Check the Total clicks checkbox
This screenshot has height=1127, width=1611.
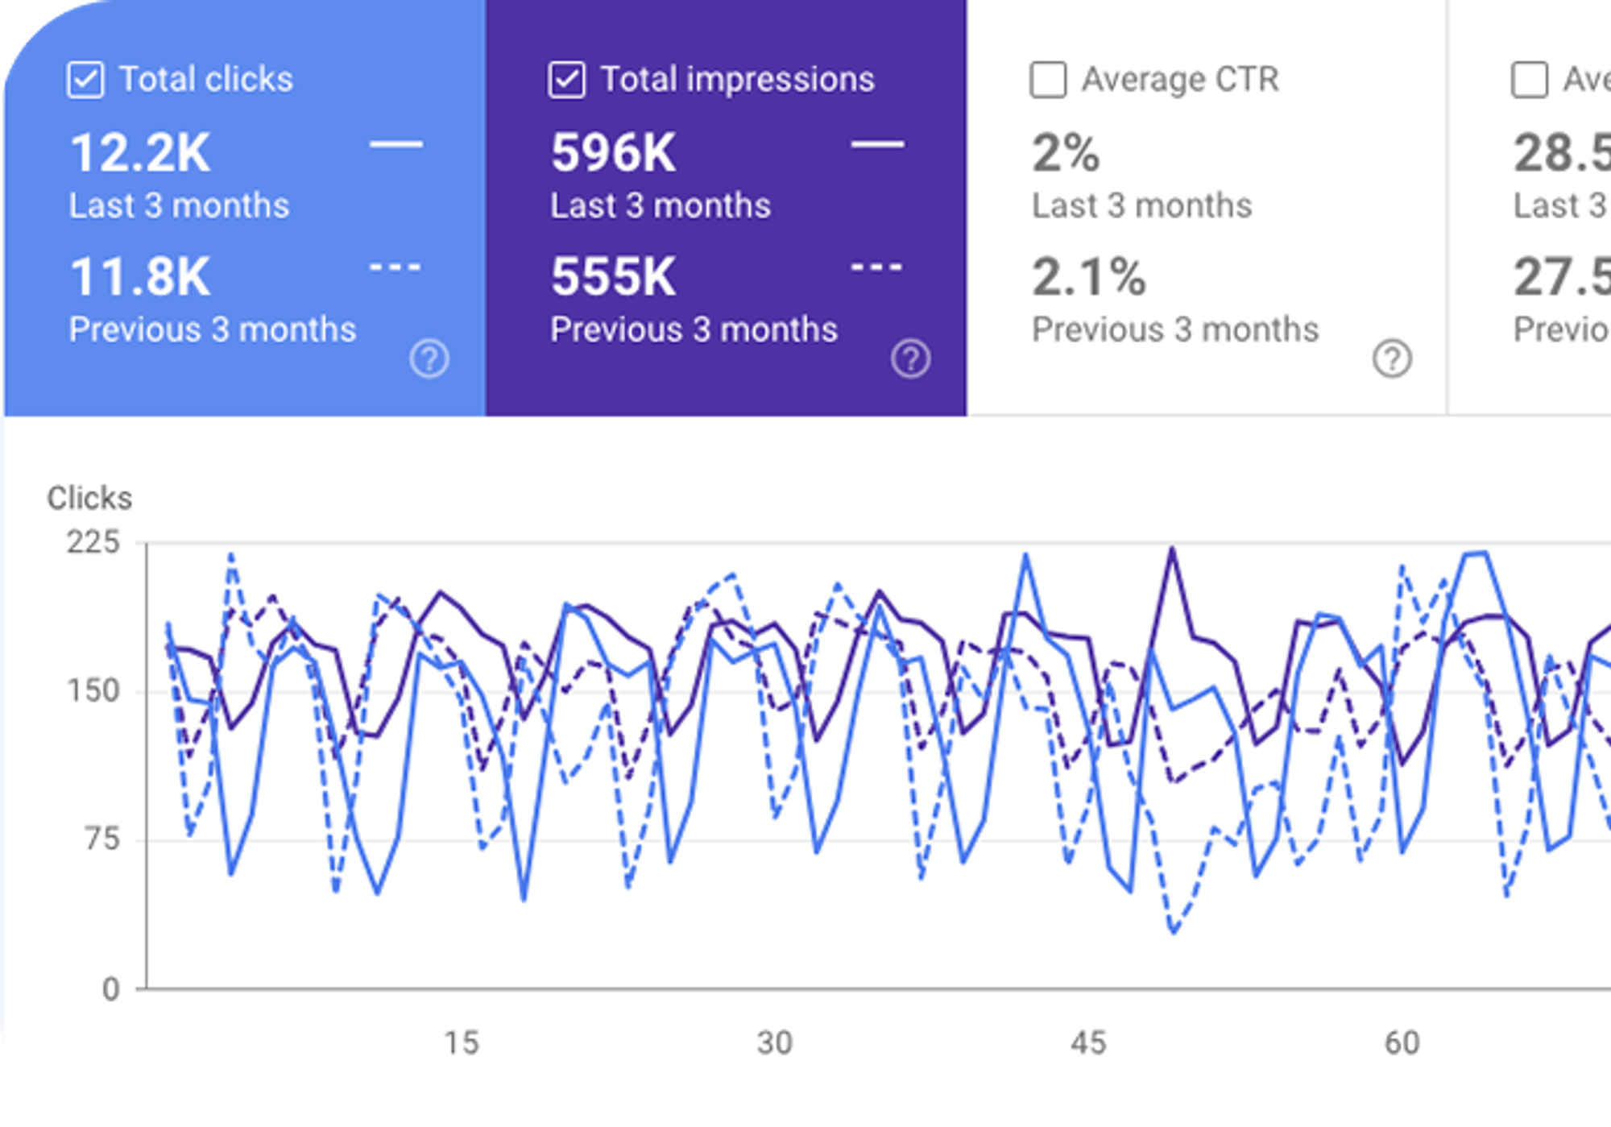[x=85, y=80]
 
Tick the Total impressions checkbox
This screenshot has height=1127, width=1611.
[x=566, y=80]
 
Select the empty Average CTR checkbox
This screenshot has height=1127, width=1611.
[x=1048, y=80]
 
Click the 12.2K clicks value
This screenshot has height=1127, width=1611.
[x=140, y=153]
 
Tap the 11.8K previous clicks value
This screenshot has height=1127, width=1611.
[x=140, y=277]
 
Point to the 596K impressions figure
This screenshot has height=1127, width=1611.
[x=614, y=153]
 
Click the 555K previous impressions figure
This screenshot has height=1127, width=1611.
[x=614, y=277]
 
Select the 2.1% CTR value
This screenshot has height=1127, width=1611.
[x=1089, y=277]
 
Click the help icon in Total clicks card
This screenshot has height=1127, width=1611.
[x=429, y=358]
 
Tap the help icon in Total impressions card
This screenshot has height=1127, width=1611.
[x=911, y=358]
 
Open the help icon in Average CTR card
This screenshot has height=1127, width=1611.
[x=1392, y=358]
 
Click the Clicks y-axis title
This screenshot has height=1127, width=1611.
[x=89, y=498]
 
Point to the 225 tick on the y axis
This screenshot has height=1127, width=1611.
[x=93, y=542]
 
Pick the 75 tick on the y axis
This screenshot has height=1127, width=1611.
[x=102, y=839]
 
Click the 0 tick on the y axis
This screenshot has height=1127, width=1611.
[x=111, y=989]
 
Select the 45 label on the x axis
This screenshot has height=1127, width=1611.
[x=1088, y=1043]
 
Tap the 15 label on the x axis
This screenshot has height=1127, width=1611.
[x=462, y=1043]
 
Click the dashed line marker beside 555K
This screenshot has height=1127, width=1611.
[x=877, y=267]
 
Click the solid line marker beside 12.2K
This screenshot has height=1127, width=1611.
[x=396, y=145]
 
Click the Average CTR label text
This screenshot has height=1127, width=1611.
[x=1180, y=80]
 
